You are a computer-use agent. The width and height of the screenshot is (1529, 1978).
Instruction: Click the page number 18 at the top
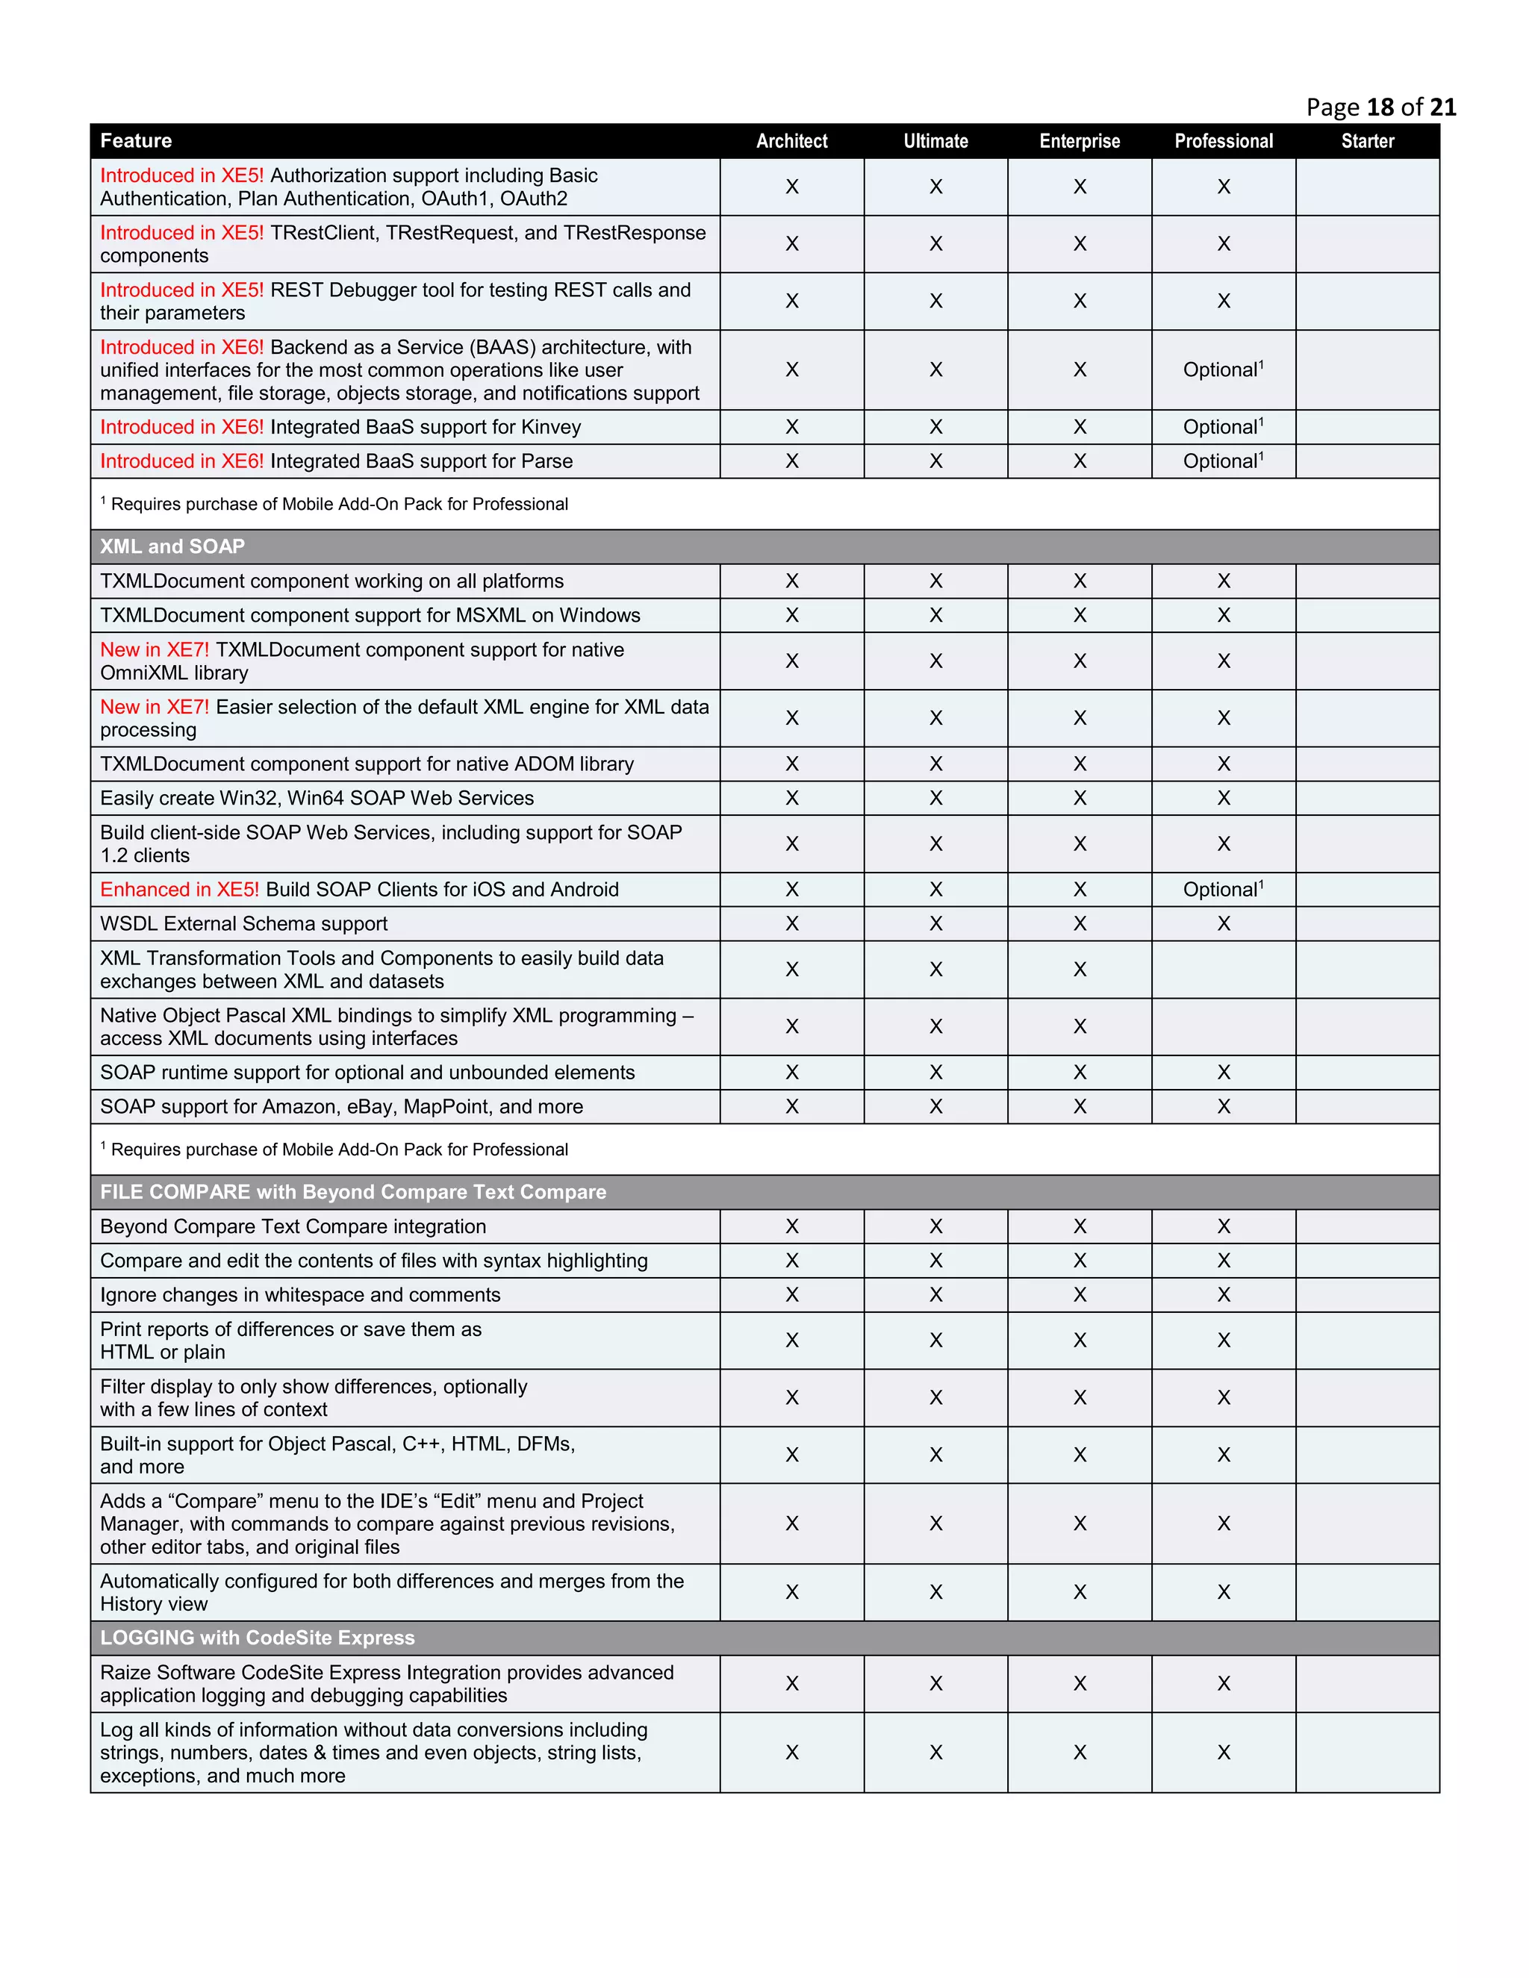(x=1380, y=107)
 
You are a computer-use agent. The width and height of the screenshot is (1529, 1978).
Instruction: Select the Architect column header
(x=791, y=141)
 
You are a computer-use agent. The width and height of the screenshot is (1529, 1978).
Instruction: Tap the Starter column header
(x=1367, y=141)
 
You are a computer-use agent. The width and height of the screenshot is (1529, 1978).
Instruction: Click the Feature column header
(x=136, y=141)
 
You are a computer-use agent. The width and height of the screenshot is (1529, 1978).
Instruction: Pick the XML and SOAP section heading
(x=172, y=547)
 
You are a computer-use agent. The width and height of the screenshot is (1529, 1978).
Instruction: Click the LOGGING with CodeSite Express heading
(x=258, y=1638)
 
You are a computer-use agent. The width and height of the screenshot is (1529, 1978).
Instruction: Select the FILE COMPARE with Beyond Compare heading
(x=352, y=1193)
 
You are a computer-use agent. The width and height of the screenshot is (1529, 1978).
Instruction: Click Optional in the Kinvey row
(x=1220, y=428)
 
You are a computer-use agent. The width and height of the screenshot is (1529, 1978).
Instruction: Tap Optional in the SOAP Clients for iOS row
(x=1220, y=890)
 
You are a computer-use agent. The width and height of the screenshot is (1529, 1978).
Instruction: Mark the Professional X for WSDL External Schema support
(x=1224, y=924)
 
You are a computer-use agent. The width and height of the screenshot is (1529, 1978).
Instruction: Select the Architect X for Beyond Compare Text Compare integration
(x=791, y=1226)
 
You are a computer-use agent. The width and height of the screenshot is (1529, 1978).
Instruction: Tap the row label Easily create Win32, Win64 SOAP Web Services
(x=317, y=799)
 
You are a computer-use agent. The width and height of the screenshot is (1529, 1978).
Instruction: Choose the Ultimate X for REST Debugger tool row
(x=935, y=302)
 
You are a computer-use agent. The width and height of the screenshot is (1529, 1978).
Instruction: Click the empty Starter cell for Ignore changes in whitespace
(x=1367, y=1295)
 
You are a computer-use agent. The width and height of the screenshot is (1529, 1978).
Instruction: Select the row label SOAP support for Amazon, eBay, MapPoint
(x=341, y=1107)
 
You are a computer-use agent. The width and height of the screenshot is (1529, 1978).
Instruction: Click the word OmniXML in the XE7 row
(x=143, y=674)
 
